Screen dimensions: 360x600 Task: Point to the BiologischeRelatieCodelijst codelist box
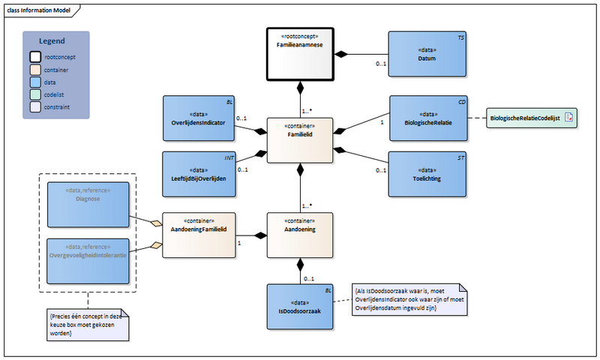[529, 118]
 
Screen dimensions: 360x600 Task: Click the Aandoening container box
[301, 235]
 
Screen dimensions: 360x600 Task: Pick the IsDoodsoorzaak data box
[301, 307]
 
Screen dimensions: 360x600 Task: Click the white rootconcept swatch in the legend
[35, 57]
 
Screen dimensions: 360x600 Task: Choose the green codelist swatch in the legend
[35, 95]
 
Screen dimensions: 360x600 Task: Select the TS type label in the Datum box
[460, 37]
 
